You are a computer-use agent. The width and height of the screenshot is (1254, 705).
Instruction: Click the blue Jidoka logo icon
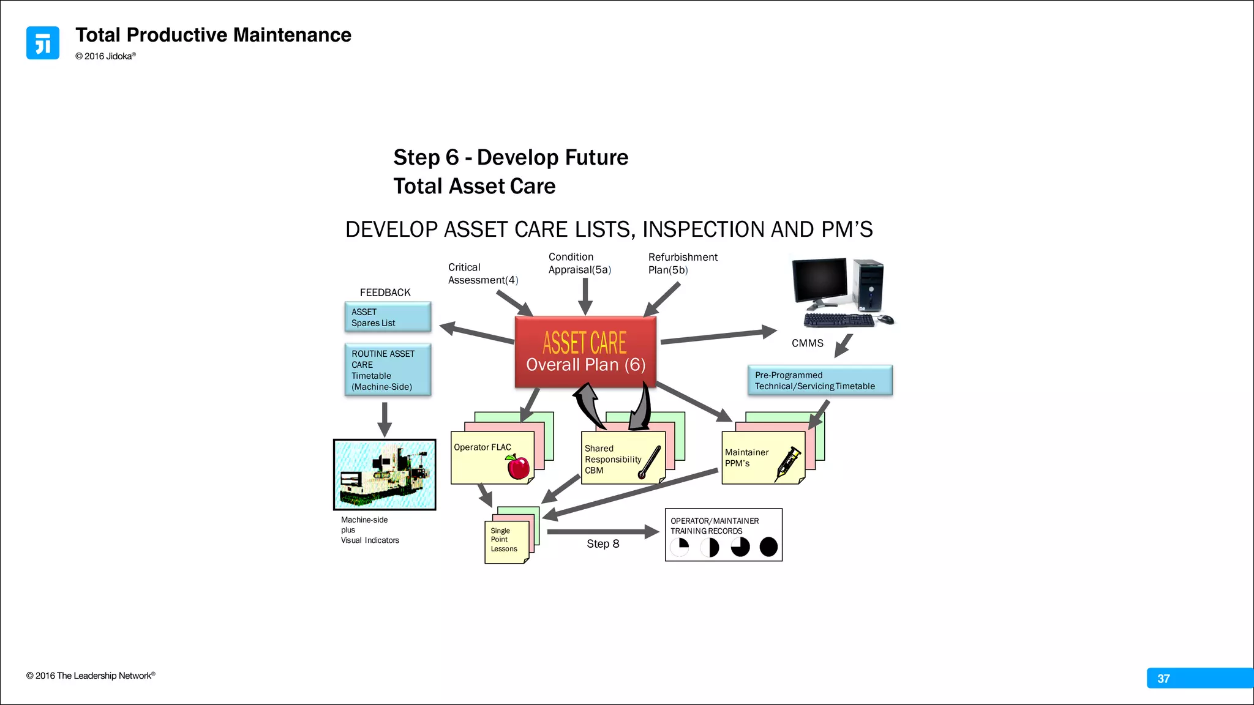43,43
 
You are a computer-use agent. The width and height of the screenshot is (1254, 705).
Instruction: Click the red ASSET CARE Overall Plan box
585,352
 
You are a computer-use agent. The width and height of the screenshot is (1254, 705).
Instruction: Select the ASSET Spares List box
388,317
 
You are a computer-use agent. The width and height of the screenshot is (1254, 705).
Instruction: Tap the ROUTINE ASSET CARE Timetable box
388,370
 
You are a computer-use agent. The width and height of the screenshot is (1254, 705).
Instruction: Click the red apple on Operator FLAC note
518,467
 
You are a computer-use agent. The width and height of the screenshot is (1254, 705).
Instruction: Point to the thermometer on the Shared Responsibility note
649,462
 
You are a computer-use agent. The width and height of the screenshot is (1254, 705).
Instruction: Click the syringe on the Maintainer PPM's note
788,463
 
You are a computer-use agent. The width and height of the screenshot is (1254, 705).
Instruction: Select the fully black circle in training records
768,546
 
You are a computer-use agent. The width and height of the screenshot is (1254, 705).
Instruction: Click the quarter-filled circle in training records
680,546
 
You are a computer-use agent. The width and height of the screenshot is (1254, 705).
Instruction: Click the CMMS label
807,343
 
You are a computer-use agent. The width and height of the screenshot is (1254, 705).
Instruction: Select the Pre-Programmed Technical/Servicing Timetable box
819,381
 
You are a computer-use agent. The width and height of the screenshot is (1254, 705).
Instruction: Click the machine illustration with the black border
385,474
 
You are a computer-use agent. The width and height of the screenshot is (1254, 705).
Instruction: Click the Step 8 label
603,544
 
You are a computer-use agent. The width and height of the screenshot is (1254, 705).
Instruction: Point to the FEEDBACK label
385,293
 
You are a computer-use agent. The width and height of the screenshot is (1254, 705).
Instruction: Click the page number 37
1163,678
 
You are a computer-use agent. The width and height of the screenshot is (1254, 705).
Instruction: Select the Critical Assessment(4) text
482,274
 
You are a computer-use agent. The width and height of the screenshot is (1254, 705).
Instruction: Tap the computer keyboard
838,320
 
